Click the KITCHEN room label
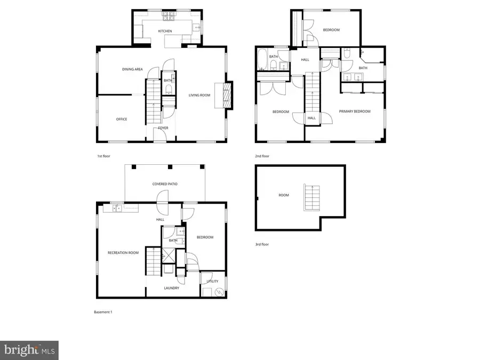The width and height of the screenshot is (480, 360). point(165,31)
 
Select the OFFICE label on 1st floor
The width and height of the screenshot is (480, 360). point(122,119)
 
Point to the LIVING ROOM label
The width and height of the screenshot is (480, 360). point(199,95)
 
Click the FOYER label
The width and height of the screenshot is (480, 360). point(163,128)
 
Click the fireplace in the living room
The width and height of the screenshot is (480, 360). point(227,96)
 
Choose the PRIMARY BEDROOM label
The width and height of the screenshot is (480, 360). point(355,111)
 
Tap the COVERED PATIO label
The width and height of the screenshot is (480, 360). point(165,184)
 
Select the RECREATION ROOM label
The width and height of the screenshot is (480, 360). point(123,252)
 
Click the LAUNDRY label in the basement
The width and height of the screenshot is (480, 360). point(171,289)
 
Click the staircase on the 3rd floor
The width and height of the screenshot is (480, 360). point(310,198)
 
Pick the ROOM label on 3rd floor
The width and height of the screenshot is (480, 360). point(283,195)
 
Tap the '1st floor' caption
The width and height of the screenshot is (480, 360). point(103,156)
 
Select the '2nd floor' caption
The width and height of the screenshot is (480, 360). point(262,156)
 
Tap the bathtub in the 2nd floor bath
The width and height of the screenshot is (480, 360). point(262,60)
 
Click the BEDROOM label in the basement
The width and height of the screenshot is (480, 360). point(205,237)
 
